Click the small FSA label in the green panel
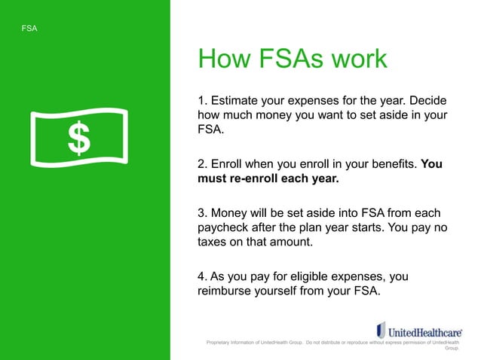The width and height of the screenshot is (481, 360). coord(31,29)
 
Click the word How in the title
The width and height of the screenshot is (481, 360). coord(223,59)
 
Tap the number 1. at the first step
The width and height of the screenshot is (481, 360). coord(203,100)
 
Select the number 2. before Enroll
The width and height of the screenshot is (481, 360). coord(203,164)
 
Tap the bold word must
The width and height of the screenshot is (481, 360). coord(213,180)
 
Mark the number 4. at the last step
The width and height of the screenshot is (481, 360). coord(203,278)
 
